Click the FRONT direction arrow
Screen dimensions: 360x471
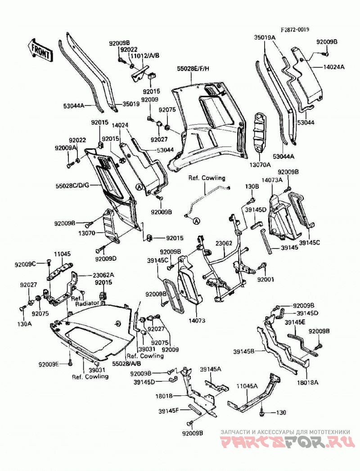(40, 50)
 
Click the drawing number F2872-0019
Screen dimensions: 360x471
(295, 30)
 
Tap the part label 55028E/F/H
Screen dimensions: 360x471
(193, 69)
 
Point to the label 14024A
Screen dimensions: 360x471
(334, 67)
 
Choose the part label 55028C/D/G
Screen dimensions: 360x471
(72, 186)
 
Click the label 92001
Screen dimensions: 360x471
(265, 279)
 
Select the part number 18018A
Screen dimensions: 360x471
(307, 382)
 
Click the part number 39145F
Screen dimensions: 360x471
(169, 411)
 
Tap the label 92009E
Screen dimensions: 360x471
(49, 364)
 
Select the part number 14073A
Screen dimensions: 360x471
(272, 180)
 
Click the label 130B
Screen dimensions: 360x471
(252, 186)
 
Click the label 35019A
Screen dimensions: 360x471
(265, 37)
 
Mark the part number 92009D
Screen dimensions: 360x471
(106, 258)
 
